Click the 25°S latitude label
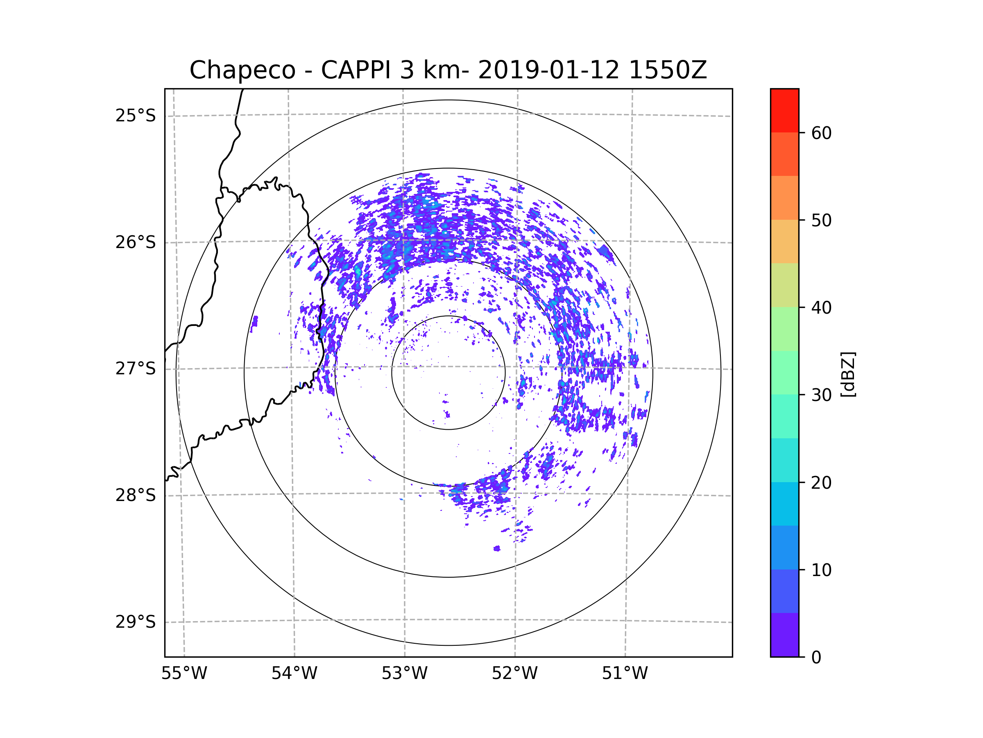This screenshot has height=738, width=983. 136,116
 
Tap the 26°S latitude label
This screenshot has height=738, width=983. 136,242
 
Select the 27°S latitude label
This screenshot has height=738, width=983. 136,369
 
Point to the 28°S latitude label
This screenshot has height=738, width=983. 136,495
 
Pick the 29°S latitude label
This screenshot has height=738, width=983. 136,622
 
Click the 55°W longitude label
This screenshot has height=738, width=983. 184,674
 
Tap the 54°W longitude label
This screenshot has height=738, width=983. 294,674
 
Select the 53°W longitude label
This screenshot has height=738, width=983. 404,674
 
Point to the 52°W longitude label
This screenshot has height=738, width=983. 514,674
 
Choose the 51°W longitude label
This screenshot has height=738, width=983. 625,674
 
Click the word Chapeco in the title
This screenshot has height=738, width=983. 242,70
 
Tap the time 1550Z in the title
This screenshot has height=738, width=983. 668,70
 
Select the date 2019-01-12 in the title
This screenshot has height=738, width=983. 548,70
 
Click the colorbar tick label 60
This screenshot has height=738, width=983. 821,133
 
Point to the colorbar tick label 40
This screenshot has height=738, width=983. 821,308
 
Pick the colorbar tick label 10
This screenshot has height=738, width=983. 821,570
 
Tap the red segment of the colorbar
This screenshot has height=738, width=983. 784,110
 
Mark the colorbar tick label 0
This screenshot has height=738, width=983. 816,658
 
